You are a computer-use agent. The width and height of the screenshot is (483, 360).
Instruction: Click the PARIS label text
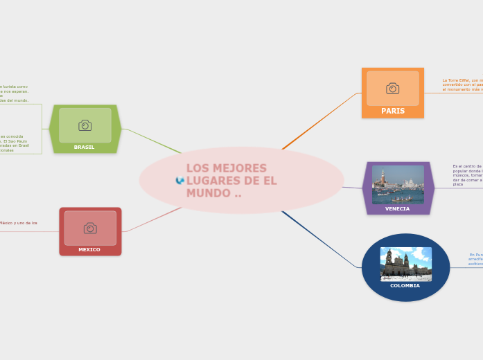point(392,111)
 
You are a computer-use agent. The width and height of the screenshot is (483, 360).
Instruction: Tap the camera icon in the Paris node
point(392,88)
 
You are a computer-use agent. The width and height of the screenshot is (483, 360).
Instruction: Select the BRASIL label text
point(84,147)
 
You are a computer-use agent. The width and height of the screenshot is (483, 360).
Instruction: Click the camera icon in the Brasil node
point(85,125)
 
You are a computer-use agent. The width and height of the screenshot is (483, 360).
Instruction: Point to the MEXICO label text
point(89,249)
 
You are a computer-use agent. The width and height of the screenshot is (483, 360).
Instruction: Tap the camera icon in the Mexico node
point(90,228)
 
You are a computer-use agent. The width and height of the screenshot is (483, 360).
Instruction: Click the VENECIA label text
point(397,208)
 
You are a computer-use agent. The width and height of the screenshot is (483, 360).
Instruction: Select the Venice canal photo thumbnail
point(397,184)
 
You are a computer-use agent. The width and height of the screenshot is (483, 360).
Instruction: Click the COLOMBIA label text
point(405,285)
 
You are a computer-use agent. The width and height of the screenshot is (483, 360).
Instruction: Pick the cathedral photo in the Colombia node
point(405,264)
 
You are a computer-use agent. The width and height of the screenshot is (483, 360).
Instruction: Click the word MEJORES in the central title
point(238,168)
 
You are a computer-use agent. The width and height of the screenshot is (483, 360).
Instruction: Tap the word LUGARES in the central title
point(212,181)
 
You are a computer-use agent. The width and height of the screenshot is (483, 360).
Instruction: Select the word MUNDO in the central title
point(209,193)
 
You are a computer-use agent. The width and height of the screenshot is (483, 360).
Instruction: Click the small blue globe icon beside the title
point(180,181)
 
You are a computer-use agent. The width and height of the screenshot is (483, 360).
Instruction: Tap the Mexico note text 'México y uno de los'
point(19,223)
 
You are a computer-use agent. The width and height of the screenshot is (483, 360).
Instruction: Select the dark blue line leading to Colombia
point(319,239)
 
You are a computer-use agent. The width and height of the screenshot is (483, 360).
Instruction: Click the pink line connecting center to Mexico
point(152,219)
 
